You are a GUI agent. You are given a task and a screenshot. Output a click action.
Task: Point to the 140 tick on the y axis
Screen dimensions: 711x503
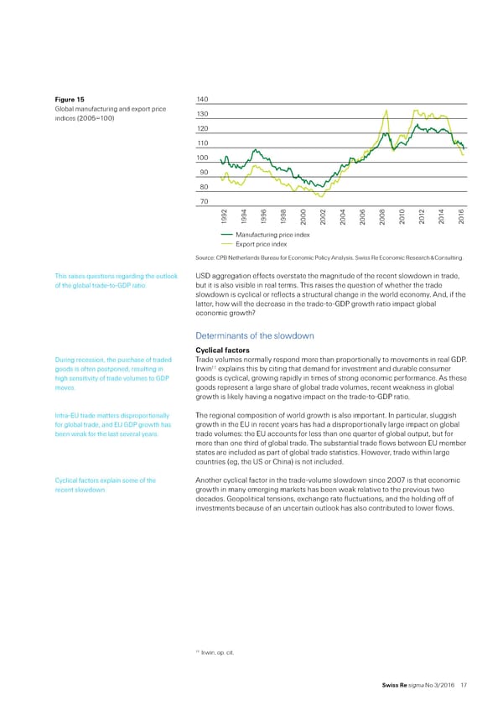(201, 100)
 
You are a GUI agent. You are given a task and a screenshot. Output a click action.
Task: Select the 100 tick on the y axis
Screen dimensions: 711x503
(201, 158)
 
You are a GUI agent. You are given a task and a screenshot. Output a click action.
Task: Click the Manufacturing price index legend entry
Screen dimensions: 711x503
(273, 235)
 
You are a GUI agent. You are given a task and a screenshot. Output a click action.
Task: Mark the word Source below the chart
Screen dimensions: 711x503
(205, 258)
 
